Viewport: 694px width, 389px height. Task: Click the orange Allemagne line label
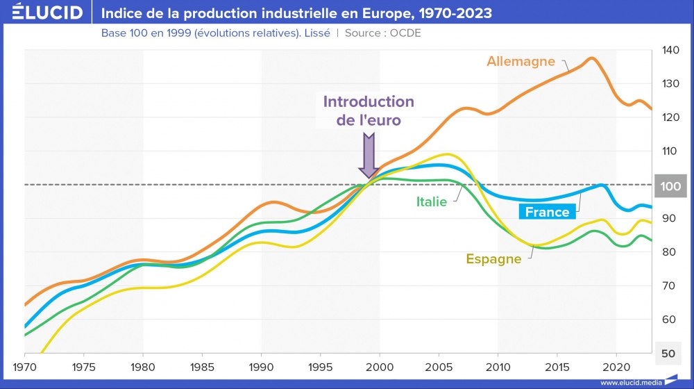[x=520, y=61]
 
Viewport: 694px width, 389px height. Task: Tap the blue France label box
[x=547, y=212]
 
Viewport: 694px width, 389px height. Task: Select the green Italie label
[x=432, y=202]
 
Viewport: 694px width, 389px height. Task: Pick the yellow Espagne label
[x=493, y=259]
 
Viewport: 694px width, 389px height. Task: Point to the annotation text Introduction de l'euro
[x=369, y=110]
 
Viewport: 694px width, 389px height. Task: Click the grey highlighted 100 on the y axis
[x=670, y=185]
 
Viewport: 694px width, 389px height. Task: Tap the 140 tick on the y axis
[x=670, y=50]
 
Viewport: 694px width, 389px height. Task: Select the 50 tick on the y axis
[x=668, y=354]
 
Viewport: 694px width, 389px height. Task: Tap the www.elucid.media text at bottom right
[x=630, y=382]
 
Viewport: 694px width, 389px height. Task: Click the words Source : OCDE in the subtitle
[x=382, y=33]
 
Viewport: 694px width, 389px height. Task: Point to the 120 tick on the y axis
[x=670, y=117]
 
